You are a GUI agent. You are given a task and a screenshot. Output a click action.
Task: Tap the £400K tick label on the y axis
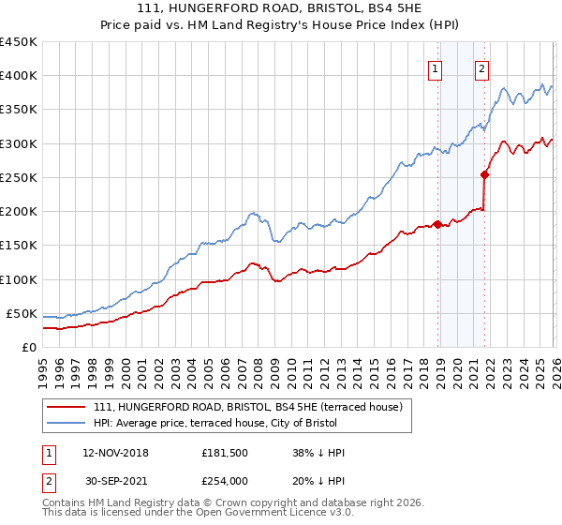[19, 76]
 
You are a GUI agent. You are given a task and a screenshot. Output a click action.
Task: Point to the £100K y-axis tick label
[19, 279]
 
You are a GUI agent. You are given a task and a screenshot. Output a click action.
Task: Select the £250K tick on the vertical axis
[19, 177]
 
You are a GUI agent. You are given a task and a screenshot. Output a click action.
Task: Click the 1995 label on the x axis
[43, 366]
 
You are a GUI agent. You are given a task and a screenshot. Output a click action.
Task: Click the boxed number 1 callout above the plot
[436, 67]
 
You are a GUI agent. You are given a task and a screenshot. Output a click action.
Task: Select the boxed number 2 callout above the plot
[482, 67]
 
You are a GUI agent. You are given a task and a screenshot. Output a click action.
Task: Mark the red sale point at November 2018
[437, 223]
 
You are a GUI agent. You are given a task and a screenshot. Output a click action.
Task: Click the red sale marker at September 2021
[485, 174]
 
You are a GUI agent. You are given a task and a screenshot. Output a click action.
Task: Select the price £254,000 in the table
[226, 481]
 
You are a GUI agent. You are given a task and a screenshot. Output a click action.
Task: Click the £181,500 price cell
[226, 453]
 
